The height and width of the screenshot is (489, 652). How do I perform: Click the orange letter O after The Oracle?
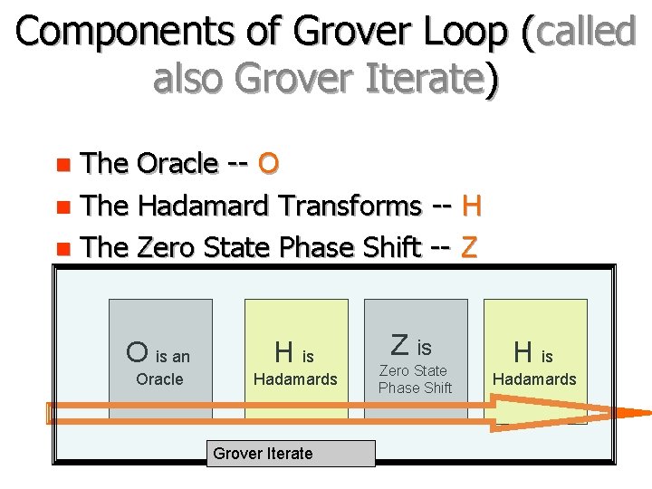(268, 164)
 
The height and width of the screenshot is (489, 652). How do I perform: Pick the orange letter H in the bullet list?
(472, 206)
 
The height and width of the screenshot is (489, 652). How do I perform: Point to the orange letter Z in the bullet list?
(469, 246)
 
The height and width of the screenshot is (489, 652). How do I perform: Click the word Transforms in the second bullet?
(350, 206)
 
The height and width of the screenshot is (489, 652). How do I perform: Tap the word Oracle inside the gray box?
(159, 379)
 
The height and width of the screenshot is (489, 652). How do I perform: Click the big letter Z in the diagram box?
(399, 345)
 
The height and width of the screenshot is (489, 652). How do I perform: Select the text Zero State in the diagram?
(413, 370)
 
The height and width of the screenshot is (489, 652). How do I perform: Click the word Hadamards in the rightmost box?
(534, 379)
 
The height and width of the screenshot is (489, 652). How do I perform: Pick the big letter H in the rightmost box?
(523, 351)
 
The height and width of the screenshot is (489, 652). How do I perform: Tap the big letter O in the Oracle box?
(138, 351)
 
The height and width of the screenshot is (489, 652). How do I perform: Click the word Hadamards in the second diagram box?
(295, 379)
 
